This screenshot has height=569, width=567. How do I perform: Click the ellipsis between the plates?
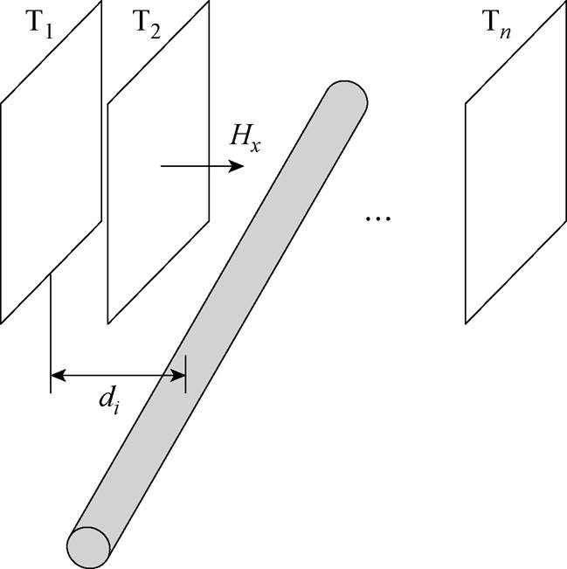pyautogui.click(x=377, y=216)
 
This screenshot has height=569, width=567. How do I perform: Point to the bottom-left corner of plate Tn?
pyautogui.click(x=466, y=323)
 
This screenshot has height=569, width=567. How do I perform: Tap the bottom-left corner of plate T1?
pyautogui.click(x=2, y=321)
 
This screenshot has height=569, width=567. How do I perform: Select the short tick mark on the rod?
pyautogui.click(x=185, y=368)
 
